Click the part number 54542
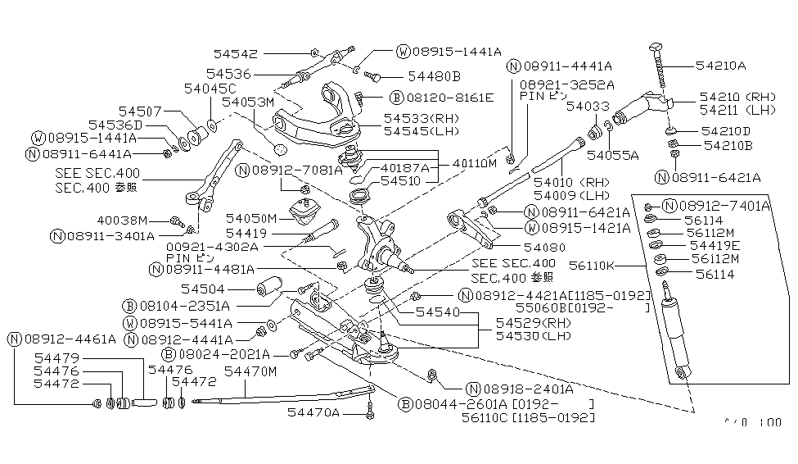click(x=237, y=54)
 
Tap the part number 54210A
click(x=720, y=65)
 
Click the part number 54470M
click(x=251, y=371)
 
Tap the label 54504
click(x=204, y=289)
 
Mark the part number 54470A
click(x=313, y=412)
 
